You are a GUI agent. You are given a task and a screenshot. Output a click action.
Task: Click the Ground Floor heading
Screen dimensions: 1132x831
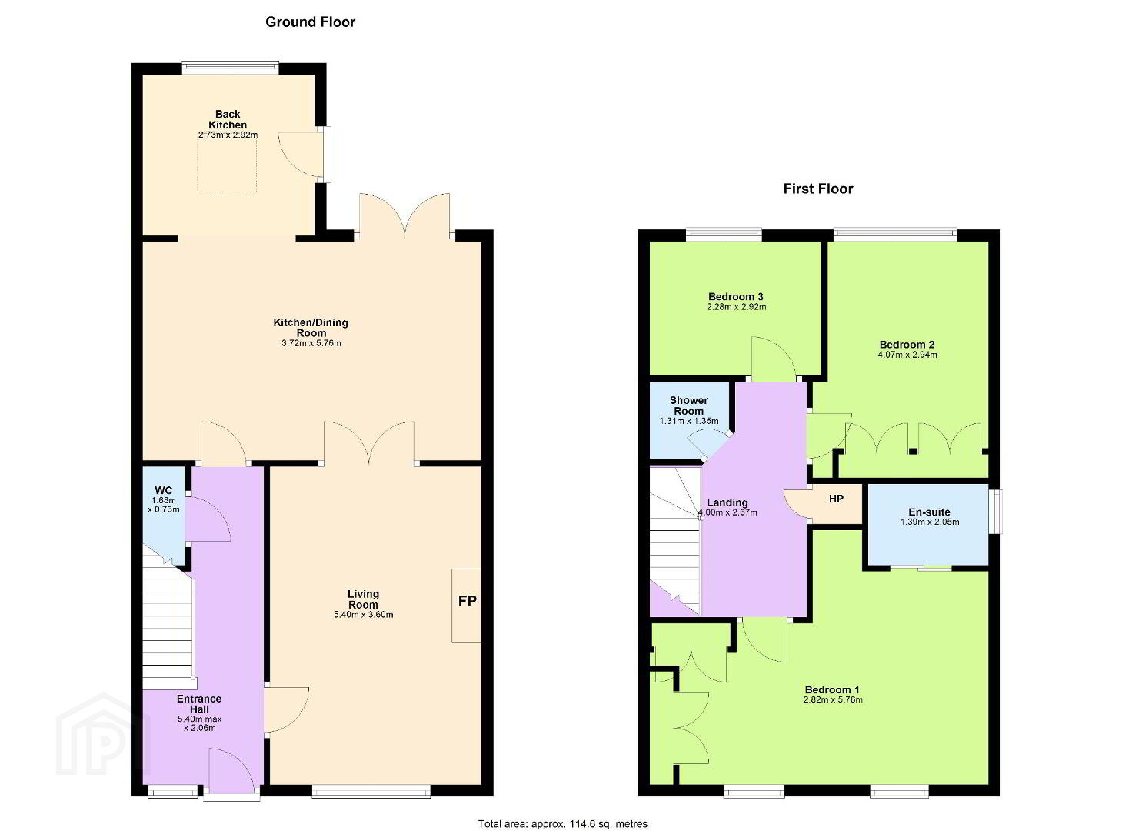(310, 22)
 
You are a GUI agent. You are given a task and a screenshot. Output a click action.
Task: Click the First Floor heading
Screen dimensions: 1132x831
(818, 189)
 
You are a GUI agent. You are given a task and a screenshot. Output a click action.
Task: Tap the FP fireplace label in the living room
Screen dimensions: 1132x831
(467, 601)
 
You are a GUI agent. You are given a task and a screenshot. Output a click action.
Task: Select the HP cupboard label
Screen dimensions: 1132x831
(837, 499)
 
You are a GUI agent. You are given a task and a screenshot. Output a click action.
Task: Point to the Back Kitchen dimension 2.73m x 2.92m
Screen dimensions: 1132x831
(228, 135)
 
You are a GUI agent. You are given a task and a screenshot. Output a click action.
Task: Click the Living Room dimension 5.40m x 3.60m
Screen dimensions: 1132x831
(363, 615)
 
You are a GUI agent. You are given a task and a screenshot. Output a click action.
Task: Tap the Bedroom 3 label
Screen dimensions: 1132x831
(736, 297)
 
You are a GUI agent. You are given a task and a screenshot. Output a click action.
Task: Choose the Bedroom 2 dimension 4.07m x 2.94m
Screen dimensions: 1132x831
(907, 355)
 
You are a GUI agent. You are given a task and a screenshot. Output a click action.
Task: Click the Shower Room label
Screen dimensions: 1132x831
(689, 405)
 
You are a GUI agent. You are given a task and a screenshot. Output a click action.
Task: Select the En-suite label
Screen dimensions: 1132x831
(929, 512)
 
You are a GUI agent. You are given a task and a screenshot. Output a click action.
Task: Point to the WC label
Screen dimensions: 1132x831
(163, 490)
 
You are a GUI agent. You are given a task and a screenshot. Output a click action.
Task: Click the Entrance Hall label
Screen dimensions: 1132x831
(199, 704)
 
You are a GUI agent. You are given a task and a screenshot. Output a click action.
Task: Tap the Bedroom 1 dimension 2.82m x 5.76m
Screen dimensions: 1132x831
(833, 700)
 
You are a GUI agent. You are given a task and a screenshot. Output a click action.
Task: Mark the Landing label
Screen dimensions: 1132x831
(727, 502)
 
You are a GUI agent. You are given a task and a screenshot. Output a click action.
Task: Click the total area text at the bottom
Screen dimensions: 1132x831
(562, 824)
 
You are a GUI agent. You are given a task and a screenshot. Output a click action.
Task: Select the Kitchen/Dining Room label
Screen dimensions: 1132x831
(311, 328)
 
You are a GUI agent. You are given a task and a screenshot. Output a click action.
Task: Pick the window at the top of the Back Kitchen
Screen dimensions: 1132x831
(231, 68)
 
